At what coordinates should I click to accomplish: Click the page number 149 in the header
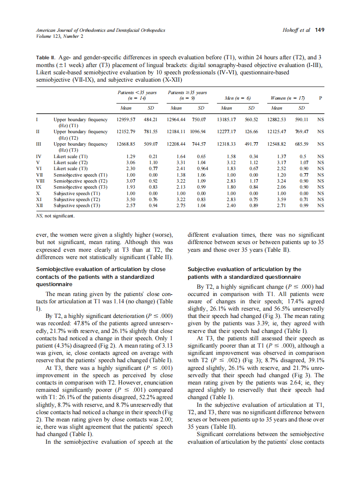pyautogui.click(x=320, y=30)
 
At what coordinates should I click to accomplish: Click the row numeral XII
pyautogui.click(x=40, y=206)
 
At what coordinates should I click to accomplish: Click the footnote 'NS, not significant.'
pyautogui.click(x=55, y=216)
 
